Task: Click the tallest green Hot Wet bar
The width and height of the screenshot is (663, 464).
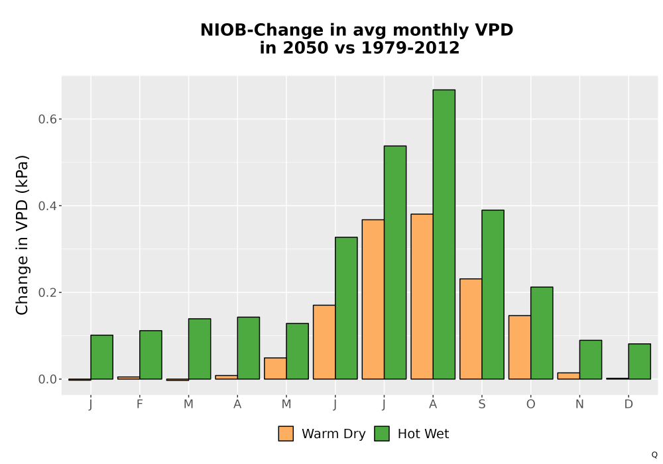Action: click(444, 235)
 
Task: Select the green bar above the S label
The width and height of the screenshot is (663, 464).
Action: click(493, 294)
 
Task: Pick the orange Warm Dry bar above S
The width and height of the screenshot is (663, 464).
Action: click(471, 329)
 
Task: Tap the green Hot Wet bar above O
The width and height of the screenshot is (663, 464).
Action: click(542, 333)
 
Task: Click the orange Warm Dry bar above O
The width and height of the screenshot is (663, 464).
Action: click(520, 347)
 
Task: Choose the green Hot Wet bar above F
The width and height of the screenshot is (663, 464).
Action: click(151, 355)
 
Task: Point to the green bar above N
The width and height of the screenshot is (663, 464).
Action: click(591, 360)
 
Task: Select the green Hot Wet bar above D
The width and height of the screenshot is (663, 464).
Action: click(639, 361)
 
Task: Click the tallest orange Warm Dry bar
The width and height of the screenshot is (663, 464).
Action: click(422, 297)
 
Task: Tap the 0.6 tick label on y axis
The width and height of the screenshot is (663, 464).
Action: click(47, 119)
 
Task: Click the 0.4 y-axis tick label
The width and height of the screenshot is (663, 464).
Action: click(47, 205)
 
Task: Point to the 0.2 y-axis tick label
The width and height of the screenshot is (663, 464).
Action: click(47, 292)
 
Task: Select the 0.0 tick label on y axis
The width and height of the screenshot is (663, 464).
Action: click(47, 379)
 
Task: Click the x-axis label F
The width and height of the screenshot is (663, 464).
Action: click(139, 404)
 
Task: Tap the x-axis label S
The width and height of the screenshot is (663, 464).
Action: click(482, 404)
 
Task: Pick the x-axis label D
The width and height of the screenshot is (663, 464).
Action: click(629, 404)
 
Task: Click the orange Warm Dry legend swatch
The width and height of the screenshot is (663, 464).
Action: click(286, 434)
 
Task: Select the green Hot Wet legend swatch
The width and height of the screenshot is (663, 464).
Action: click(382, 434)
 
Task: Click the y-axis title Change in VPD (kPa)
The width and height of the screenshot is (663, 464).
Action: click(22, 235)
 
